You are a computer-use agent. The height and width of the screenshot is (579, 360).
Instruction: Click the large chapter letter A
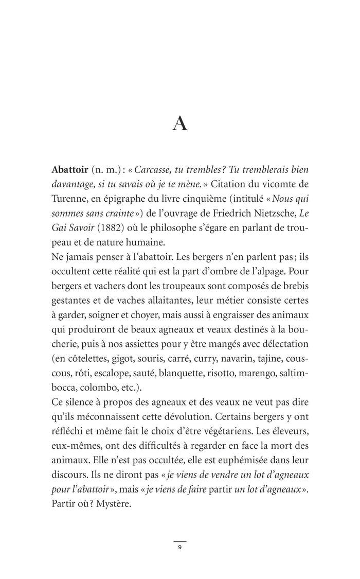pyautogui.click(x=179, y=124)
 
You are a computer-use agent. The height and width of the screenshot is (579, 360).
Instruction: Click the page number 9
pyautogui.click(x=179, y=547)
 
